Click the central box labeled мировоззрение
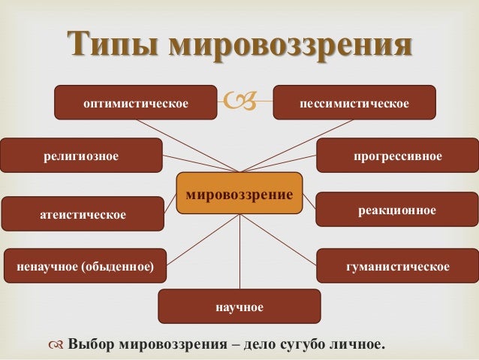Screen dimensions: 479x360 [239, 194]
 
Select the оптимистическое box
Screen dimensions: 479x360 [135, 102]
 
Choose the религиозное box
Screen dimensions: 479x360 [80, 156]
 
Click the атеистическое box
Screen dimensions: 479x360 [83, 214]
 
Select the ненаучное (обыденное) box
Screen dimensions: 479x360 [85, 266]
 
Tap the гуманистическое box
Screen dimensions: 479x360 [397, 266]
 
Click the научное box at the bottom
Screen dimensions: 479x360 [239, 307]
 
